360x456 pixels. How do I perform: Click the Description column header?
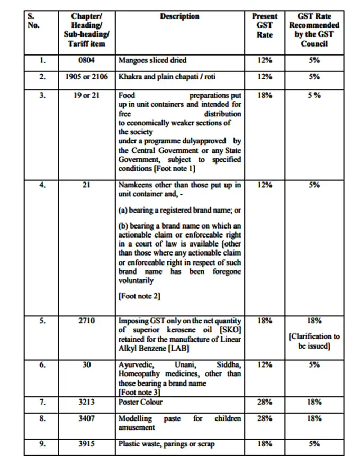[179, 16]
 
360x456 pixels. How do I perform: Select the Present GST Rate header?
[265, 25]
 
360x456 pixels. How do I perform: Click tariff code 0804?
[86, 61]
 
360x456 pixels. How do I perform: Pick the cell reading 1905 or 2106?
[86, 77]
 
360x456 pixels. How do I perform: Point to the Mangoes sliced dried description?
[152, 61]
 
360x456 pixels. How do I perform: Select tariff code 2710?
[86, 321]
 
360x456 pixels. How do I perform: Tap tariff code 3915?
[86, 444]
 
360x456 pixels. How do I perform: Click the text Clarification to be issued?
[314, 341]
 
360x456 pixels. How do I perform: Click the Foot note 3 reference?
[139, 393]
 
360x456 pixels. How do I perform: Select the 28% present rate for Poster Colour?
[265, 402]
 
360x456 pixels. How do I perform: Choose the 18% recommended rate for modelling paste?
[314, 418]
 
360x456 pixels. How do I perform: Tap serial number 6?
[42, 365]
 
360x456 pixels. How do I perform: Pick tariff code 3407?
[86, 418]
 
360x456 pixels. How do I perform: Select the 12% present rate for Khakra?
[265, 77]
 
